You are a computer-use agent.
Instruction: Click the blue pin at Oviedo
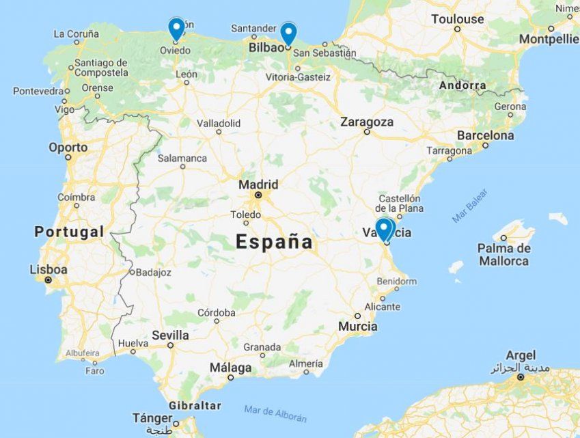click(176, 28)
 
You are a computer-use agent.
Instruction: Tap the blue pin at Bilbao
click(289, 33)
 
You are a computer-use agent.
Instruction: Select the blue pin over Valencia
click(385, 228)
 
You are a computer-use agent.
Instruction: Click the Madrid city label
click(258, 184)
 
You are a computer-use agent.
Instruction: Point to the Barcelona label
click(485, 135)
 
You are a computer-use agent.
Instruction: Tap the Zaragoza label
click(367, 122)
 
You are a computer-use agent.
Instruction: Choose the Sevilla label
click(170, 335)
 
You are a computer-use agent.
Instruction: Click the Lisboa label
click(49, 269)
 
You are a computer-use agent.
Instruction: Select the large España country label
click(274, 241)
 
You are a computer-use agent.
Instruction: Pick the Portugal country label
click(69, 232)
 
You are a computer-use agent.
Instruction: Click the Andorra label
click(462, 86)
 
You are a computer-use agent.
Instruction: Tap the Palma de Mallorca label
click(504, 254)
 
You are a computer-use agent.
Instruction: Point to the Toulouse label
click(457, 19)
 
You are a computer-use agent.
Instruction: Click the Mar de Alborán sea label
click(275, 413)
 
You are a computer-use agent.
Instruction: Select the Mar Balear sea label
click(470, 205)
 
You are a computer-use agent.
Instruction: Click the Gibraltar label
click(195, 405)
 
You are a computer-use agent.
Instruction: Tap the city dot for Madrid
click(258, 195)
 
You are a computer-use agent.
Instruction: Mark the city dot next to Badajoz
click(131, 272)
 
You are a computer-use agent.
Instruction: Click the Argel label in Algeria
click(521, 355)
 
